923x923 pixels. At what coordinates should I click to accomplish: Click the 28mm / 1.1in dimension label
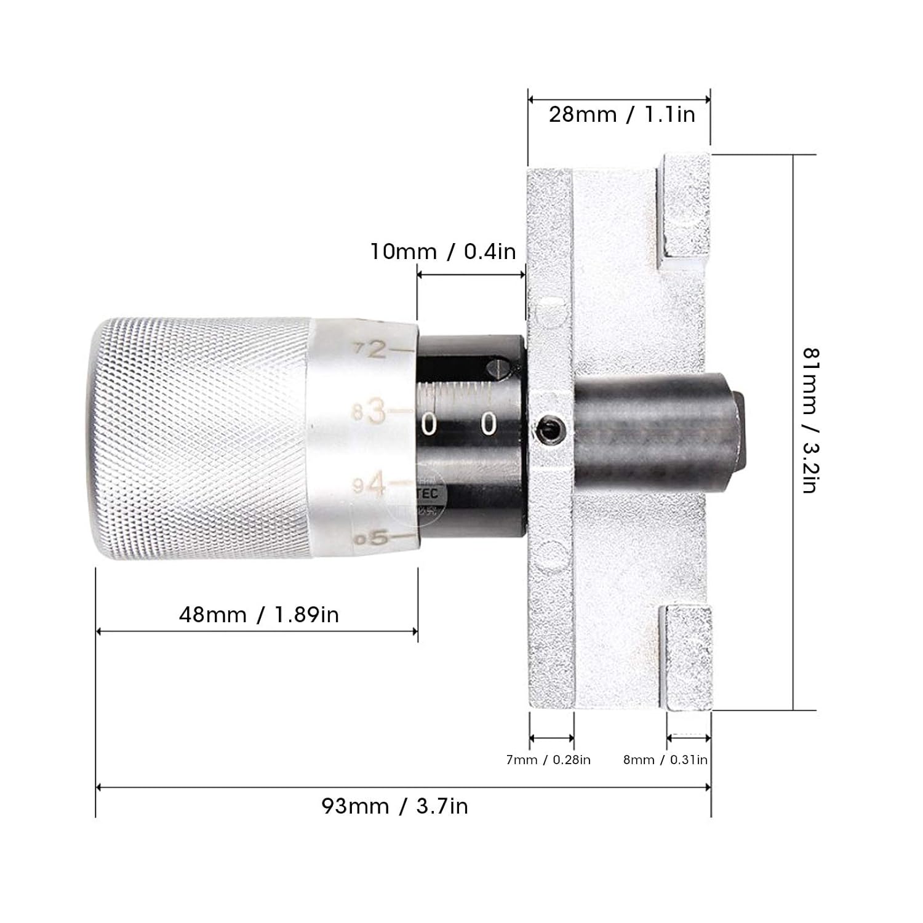tap(621, 114)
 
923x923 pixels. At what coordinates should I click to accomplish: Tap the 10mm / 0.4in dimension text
tap(443, 252)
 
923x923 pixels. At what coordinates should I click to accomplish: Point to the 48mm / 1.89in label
tap(259, 614)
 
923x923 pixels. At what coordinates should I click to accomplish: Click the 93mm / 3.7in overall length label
tap(394, 806)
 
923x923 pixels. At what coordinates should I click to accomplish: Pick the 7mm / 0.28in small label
tap(548, 760)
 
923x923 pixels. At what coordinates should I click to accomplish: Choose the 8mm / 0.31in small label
tap(665, 760)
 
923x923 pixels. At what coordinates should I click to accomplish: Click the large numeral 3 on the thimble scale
tap(377, 411)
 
